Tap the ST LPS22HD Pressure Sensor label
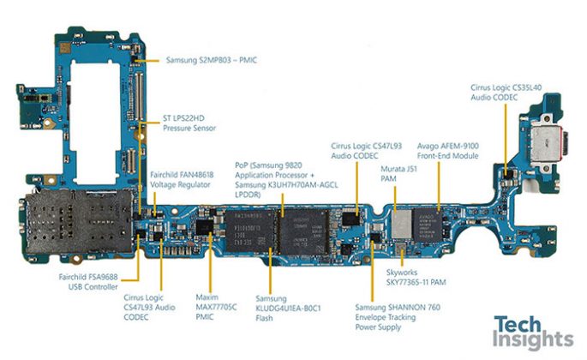[x=189, y=123]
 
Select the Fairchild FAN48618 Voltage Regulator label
[x=183, y=179]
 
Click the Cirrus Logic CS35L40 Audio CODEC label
[x=506, y=93]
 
